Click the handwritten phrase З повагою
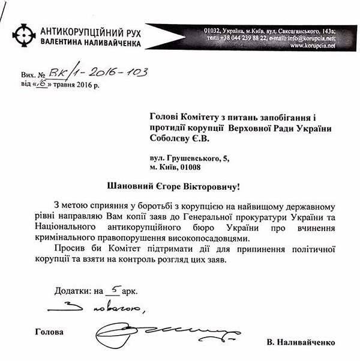[111, 309]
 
